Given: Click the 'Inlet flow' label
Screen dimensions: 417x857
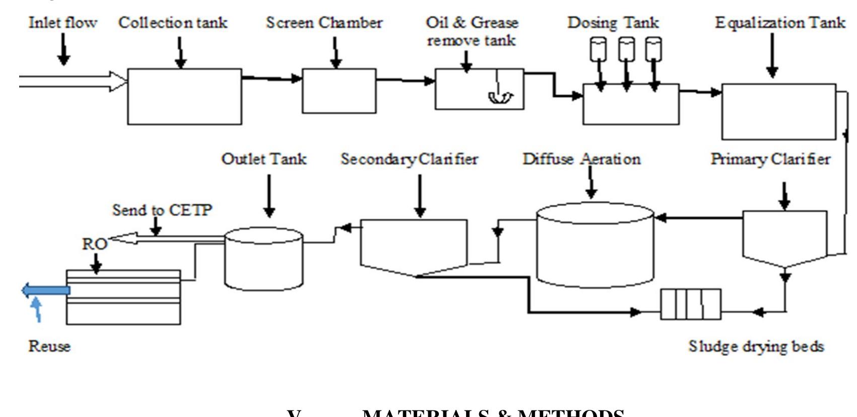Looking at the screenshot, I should pyautogui.click(x=62, y=23).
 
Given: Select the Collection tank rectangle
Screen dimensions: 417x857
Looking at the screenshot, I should pyautogui.click(x=184, y=96).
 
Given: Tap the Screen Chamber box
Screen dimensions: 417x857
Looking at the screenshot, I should pyautogui.click(x=339, y=91).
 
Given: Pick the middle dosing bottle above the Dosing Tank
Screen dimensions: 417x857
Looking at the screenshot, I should pyautogui.click(x=626, y=49).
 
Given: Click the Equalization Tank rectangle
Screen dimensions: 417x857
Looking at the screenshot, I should pyautogui.click(x=778, y=111).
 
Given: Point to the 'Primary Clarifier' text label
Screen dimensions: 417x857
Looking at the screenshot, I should pyautogui.click(x=770, y=159).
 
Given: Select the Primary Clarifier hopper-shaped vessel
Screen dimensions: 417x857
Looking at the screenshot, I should pyautogui.click(x=784, y=237).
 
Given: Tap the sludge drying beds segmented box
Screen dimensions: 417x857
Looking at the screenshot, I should pyautogui.click(x=690, y=304).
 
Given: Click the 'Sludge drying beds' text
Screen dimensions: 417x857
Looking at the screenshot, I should pyautogui.click(x=756, y=346).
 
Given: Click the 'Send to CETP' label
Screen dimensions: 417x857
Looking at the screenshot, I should pyautogui.click(x=162, y=210).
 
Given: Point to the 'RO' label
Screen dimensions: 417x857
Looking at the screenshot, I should pyautogui.click(x=95, y=244).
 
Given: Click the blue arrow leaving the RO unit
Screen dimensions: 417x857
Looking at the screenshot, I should pyautogui.click(x=45, y=290).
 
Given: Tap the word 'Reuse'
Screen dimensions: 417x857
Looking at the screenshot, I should pyautogui.click(x=49, y=346).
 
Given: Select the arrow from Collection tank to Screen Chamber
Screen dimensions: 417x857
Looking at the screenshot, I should pyautogui.click(x=272, y=78).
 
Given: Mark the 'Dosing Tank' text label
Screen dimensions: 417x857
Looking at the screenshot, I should pyautogui.click(x=613, y=23).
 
